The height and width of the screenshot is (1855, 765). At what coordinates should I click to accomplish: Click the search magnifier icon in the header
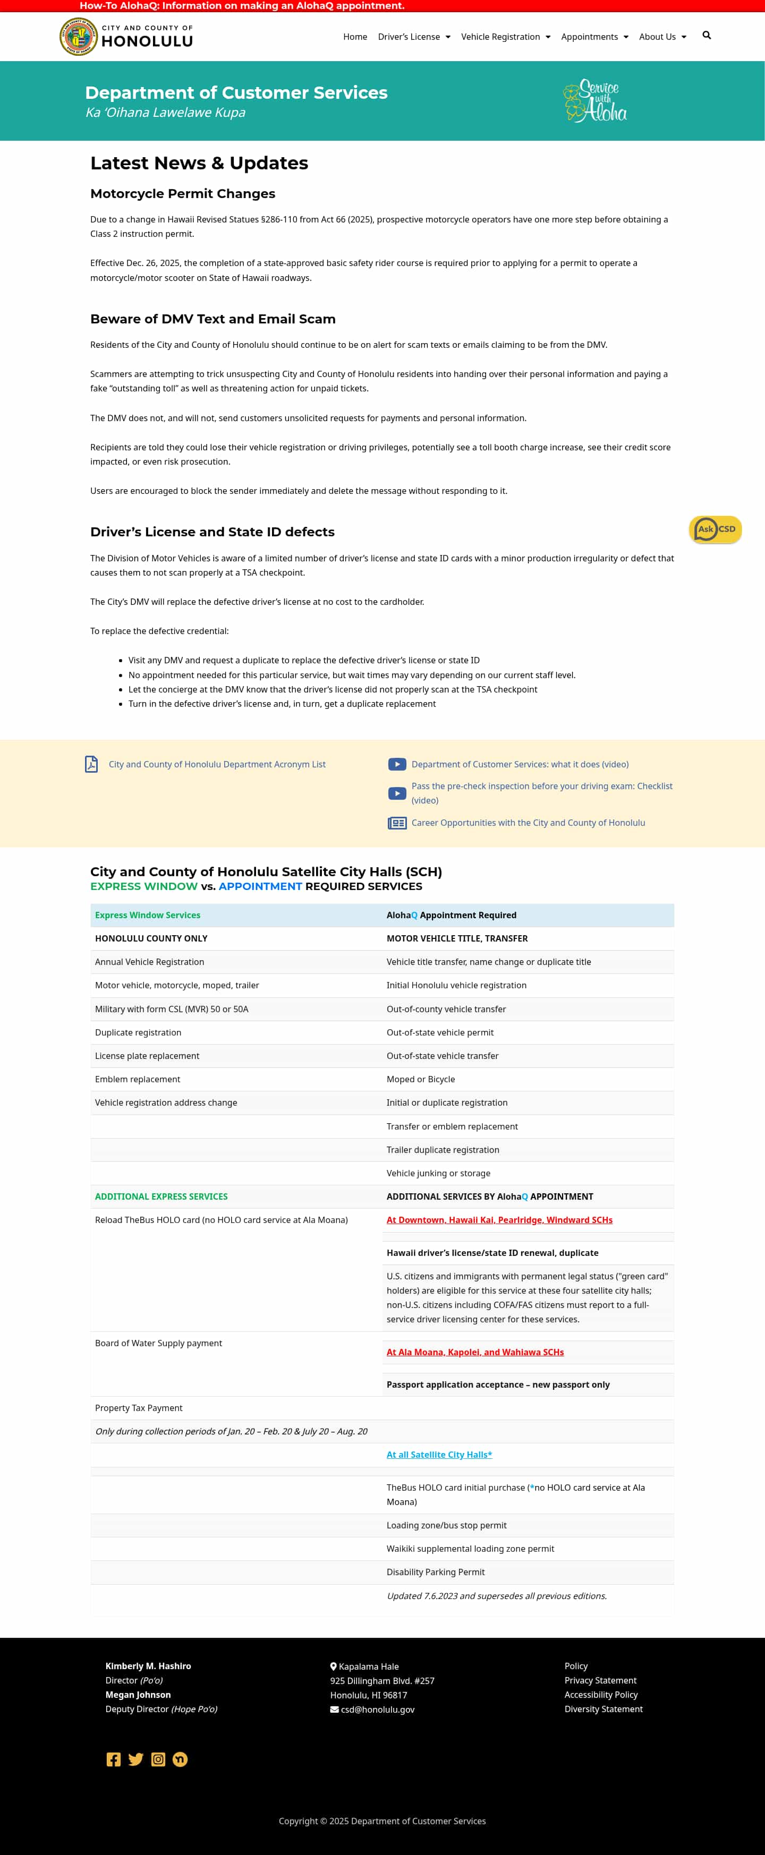(707, 35)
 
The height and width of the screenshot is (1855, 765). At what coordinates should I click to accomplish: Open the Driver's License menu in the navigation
(413, 37)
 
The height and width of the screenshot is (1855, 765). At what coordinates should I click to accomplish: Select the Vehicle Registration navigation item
(505, 37)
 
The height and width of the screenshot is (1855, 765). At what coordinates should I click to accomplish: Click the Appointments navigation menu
(594, 37)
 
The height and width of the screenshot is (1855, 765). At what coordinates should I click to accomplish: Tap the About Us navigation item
(662, 37)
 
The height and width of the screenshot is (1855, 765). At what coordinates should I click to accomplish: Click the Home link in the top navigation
(355, 37)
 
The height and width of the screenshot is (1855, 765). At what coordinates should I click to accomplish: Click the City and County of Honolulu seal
(79, 37)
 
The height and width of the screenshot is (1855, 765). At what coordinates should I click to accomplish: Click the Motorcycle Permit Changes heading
(182, 194)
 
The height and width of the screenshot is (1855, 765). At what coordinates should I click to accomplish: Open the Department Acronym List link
(217, 764)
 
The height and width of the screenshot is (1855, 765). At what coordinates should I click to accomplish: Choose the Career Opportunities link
(528, 823)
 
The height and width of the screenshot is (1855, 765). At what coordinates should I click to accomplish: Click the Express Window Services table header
(148, 915)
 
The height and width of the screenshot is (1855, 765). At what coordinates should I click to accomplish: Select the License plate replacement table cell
(147, 1056)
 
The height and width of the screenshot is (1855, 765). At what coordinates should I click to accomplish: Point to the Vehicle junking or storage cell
(438, 1173)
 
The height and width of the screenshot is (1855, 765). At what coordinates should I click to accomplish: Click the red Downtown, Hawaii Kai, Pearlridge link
(499, 1220)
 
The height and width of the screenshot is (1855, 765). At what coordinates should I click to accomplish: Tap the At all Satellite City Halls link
(439, 1455)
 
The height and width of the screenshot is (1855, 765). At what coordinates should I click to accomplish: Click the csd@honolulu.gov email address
(378, 1709)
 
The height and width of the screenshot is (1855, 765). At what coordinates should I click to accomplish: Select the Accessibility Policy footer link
(601, 1695)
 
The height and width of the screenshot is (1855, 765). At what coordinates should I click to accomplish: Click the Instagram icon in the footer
(158, 1759)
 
